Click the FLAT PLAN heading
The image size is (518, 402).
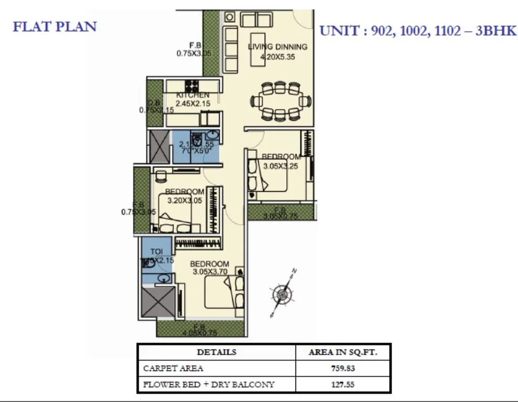(x=55, y=26)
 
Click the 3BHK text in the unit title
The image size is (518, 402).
(x=495, y=31)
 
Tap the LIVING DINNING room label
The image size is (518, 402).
(x=277, y=46)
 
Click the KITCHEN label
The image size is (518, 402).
(x=192, y=95)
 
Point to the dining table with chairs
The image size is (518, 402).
(x=280, y=101)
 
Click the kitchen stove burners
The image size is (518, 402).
(x=192, y=86)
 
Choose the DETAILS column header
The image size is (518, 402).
(x=216, y=352)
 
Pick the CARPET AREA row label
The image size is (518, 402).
(x=173, y=368)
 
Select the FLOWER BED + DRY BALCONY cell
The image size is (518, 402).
(x=208, y=385)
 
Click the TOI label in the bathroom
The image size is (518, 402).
(x=156, y=252)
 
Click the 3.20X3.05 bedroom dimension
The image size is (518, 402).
(x=184, y=199)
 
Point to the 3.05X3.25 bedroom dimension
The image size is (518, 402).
(x=280, y=166)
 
